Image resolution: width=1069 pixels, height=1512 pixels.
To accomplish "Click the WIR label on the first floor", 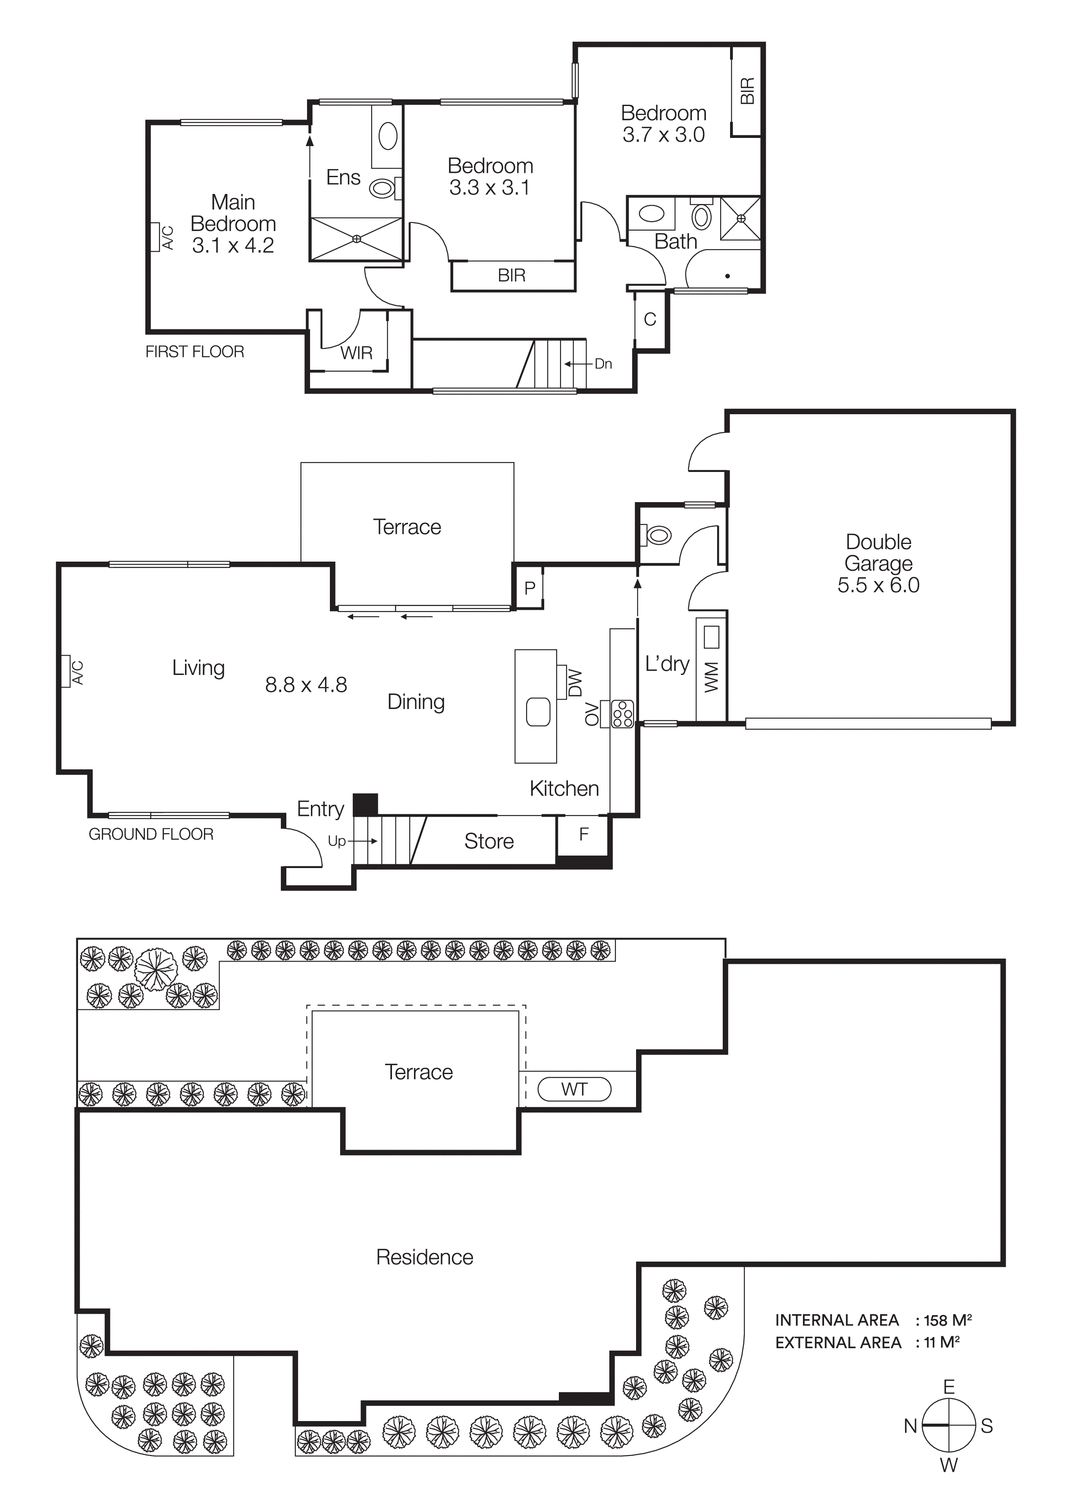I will point(356,353).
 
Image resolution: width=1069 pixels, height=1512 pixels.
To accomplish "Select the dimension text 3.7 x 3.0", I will point(663,135).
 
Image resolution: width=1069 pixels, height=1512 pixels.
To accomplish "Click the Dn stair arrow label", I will point(603,363).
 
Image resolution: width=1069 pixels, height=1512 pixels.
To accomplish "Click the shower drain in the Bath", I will point(741,218).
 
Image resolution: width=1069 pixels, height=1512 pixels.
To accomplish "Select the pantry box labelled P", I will point(530,588).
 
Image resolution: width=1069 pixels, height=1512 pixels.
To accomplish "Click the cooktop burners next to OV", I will point(622,714).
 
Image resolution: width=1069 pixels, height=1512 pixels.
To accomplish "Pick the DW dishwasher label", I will point(575,683).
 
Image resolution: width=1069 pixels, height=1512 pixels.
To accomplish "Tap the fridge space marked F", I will point(583,834).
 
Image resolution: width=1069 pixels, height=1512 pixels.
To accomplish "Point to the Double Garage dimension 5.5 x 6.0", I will point(878,585).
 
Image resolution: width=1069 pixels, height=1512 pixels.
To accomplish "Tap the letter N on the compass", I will point(910,1426).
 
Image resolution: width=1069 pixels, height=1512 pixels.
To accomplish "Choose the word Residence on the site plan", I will point(424,1257).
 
